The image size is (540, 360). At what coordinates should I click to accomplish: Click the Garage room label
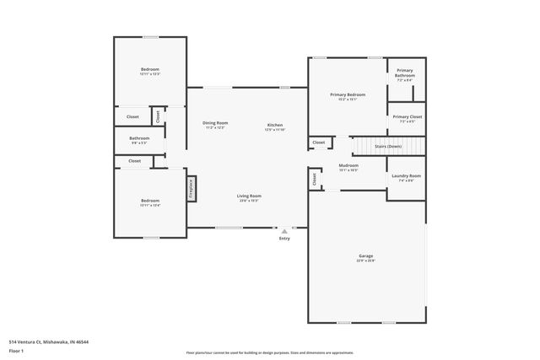[x=365, y=256]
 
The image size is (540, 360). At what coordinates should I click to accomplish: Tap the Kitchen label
[x=275, y=125]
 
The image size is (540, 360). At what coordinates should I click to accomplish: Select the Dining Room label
[x=214, y=124]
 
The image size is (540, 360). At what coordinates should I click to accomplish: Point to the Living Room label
[x=248, y=196]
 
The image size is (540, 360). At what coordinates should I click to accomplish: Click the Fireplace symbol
[x=192, y=185]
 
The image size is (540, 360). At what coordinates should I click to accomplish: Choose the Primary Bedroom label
[x=348, y=95]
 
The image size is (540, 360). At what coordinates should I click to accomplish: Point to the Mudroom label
[x=348, y=166]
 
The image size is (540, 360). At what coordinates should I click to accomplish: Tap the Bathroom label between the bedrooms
[x=139, y=138]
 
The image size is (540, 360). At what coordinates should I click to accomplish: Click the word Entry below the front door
[x=284, y=238]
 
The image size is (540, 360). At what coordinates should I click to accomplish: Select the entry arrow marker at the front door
[x=284, y=229]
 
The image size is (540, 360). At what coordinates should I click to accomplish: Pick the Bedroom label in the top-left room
[x=149, y=69]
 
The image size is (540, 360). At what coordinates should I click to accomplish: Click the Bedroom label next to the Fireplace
[x=149, y=201]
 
